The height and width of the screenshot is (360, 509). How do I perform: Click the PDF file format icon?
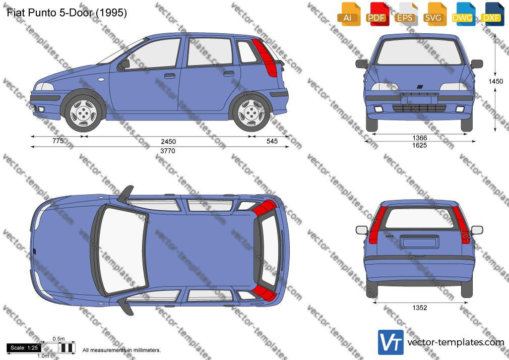point(377,14)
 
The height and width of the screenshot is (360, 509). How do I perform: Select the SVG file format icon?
point(434,14)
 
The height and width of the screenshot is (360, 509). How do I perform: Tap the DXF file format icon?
point(492,14)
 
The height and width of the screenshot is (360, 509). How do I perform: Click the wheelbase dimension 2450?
point(168,141)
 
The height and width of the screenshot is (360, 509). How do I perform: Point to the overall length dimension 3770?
point(167,151)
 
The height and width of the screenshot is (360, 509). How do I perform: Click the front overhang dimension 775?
point(58,141)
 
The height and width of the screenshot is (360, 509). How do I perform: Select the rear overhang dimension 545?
point(272,141)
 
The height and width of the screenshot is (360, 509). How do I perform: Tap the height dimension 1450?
point(496,81)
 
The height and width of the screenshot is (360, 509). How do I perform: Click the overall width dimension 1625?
point(419,145)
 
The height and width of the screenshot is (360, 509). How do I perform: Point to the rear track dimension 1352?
point(420,308)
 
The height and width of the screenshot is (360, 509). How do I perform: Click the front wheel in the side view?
point(83,113)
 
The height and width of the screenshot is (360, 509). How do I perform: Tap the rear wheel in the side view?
point(251,113)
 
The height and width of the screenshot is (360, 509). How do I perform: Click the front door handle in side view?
point(169,76)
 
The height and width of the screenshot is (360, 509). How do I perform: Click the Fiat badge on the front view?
point(420,87)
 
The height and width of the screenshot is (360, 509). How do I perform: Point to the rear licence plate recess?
point(419,242)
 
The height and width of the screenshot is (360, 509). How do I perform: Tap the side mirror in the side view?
point(124,64)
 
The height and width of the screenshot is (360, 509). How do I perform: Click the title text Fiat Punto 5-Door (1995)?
point(67,13)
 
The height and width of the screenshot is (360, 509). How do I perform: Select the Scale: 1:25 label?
point(24,348)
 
